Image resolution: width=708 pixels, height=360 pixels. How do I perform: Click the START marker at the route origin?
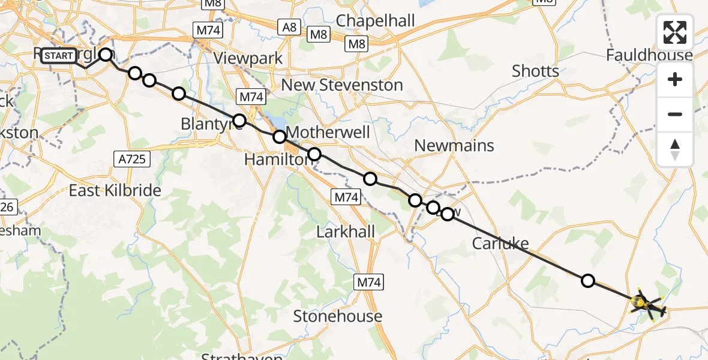point(59,56)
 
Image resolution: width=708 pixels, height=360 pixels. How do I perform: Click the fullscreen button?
point(675,32)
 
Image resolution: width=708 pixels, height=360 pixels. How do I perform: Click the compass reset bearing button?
point(675,149)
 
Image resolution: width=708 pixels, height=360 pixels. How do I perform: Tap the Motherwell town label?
point(328,133)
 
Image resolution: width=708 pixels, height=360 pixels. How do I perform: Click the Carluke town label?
point(500,244)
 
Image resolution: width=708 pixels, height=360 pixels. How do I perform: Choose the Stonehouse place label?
point(337,316)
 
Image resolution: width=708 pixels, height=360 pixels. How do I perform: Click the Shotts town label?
point(535,71)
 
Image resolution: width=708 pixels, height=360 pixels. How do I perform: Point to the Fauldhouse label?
point(649,56)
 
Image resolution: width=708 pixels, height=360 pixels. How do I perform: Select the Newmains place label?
point(454,145)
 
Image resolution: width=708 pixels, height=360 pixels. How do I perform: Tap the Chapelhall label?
point(376,20)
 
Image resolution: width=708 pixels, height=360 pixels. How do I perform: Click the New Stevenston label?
point(342,85)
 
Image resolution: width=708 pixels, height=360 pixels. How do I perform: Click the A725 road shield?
point(131,158)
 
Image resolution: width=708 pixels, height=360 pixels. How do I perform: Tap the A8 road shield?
point(288,26)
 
